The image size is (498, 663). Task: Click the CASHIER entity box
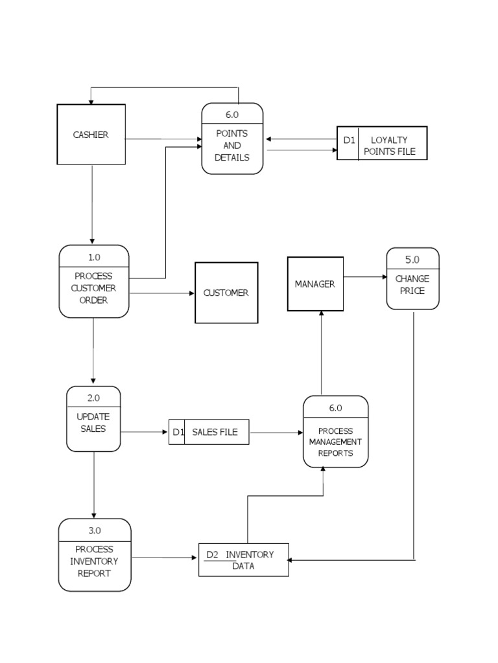tap(91, 135)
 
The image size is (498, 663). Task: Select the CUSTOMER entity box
tap(226, 293)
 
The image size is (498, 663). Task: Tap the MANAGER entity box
tap(315, 284)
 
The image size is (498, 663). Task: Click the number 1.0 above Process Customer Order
tap(94, 257)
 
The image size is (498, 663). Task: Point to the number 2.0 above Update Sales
tap(93, 398)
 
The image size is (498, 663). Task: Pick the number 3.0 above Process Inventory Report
tap(95, 530)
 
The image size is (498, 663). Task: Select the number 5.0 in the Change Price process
tap(412, 260)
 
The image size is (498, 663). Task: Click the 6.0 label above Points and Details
tap(232, 115)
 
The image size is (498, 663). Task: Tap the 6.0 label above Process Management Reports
tap(335, 408)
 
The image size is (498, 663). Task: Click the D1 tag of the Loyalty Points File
tap(349, 140)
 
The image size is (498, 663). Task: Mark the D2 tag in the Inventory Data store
tap(212, 554)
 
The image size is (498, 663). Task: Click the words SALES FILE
tap(215, 432)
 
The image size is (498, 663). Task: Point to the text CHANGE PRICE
tap(412, 285)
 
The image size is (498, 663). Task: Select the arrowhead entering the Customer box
tap(192, 293)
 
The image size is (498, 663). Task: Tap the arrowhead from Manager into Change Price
tap(383, 277)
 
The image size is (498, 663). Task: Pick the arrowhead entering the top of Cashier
tap(91, 102)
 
